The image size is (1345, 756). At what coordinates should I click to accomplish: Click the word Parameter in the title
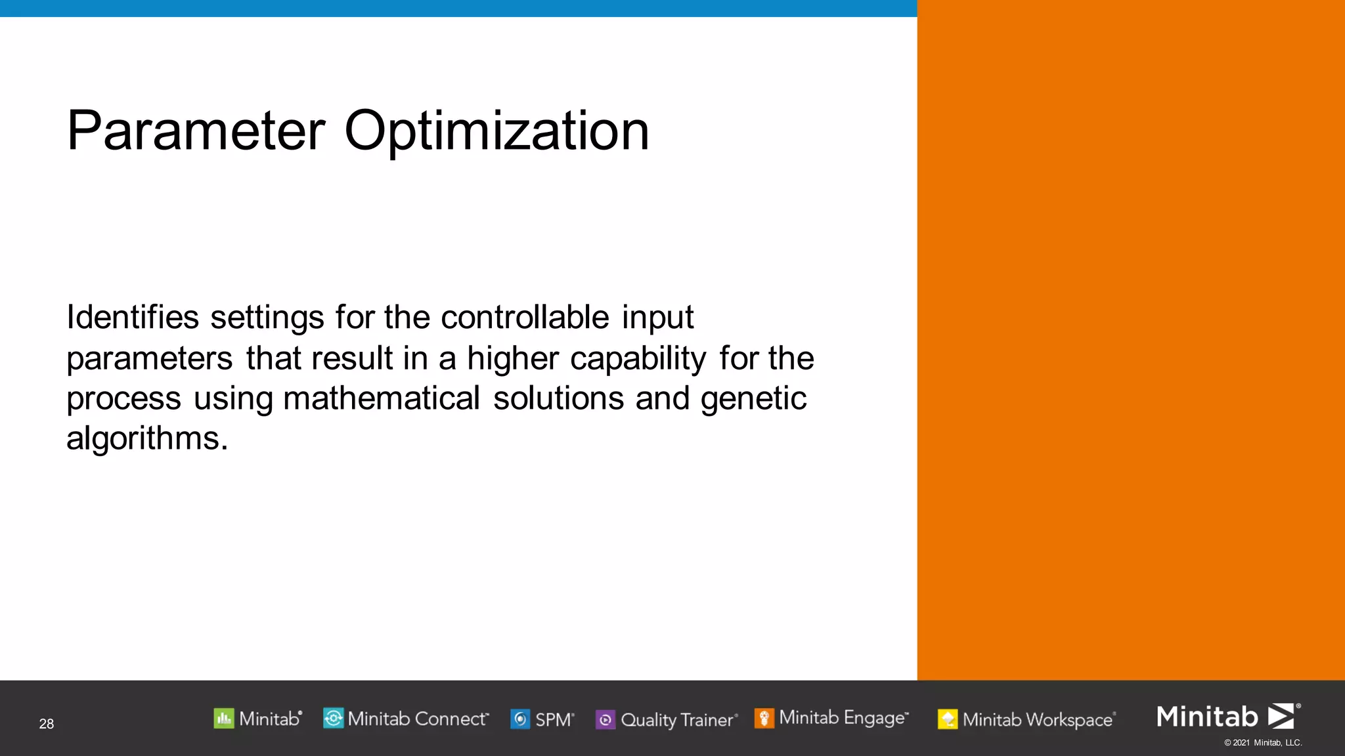coord(196,131)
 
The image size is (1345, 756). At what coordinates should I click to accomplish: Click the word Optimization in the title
coord(496,131)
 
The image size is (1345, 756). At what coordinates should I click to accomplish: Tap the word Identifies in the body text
coord(132,318)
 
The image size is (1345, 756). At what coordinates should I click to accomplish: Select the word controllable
coord(525,318)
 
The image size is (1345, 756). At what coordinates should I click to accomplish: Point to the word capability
coord(638,359)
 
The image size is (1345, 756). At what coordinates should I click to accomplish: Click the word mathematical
coord(382,399)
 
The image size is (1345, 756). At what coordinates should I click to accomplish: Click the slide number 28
coord(47,724)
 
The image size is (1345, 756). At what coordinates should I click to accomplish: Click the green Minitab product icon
coord(224,719)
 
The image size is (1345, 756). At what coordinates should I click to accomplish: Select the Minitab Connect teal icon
coord(333,719)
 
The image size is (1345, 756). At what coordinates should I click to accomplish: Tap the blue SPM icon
coord(520,720)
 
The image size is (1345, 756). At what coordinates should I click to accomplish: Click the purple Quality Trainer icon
coord(605,720)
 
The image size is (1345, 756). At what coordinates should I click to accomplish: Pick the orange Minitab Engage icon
coord(764,719)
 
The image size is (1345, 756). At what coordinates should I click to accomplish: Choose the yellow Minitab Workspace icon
coord(948,720)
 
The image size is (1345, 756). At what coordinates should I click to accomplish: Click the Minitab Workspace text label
coord(1038,720)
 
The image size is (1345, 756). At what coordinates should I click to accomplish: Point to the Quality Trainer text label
coord(677,720)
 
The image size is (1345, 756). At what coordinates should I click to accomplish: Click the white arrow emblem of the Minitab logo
coord(1281,716)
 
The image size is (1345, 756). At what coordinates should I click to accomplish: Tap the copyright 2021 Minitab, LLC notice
coord(1262,743)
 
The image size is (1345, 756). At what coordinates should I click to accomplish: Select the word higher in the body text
coord(512,359)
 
